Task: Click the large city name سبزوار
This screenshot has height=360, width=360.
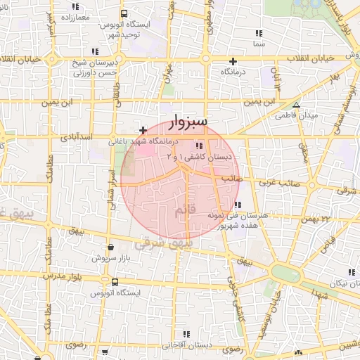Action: [188, 123]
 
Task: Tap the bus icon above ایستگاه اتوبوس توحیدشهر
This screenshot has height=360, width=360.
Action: [124, 13]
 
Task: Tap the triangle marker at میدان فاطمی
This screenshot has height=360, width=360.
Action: [296, 105]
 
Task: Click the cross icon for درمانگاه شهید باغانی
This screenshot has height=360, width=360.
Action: [143, 130]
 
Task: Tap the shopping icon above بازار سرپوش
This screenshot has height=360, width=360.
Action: [112, 247]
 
